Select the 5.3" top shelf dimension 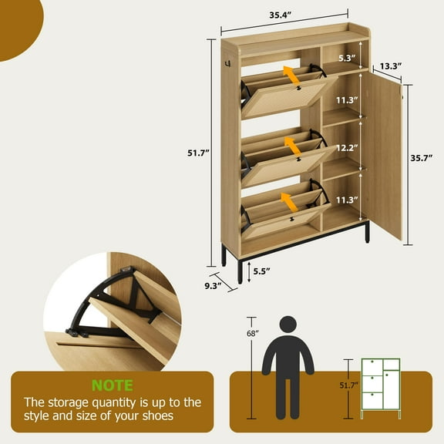click(x=347, y=58)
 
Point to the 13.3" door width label click(x=390, y=66)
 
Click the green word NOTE click(x=113, y=385)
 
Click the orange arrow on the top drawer click(x=291, y=75)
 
